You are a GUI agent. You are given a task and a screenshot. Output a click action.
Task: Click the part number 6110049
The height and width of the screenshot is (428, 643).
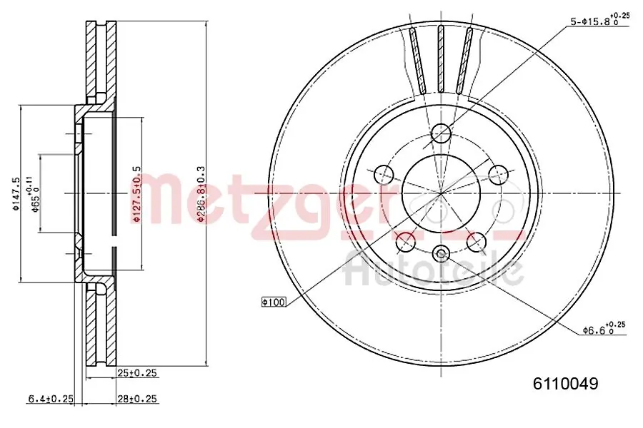click(x=564, y=384)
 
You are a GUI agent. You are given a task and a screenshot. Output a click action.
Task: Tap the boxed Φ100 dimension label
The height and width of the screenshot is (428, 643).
click(x=274, y=302)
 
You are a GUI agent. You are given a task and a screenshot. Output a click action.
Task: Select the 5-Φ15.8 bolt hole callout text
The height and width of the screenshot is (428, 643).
click(x=599, y=21)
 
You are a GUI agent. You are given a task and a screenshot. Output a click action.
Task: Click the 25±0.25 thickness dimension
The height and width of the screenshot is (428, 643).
click(x=137, y=373)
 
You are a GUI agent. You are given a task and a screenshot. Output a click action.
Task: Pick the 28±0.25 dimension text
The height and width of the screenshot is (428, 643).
click(x=137, y=399)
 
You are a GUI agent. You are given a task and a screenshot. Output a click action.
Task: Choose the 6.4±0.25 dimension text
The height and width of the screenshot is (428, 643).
click(x=51, y=399)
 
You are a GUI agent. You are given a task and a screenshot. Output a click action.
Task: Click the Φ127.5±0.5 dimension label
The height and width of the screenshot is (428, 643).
click(x=136, y=194)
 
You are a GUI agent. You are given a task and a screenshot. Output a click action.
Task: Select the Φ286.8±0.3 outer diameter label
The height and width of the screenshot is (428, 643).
click(x=201, y=194)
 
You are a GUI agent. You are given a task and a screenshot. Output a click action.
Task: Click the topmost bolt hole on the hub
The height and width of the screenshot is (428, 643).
click(x=442, y=133)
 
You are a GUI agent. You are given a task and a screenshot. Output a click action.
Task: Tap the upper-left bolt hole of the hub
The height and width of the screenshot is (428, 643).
click(x=384, y=173)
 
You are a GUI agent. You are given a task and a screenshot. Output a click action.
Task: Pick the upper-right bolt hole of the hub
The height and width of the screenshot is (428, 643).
click(x=498, y=173)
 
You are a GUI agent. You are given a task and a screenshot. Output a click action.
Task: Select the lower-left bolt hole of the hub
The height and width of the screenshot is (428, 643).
click(x=406, y=241)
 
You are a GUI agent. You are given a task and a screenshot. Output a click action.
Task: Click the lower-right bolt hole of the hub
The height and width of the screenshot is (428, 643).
click(x=477, y=241)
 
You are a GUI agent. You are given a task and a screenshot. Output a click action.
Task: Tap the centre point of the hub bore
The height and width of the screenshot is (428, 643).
click(x=442, y=193)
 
